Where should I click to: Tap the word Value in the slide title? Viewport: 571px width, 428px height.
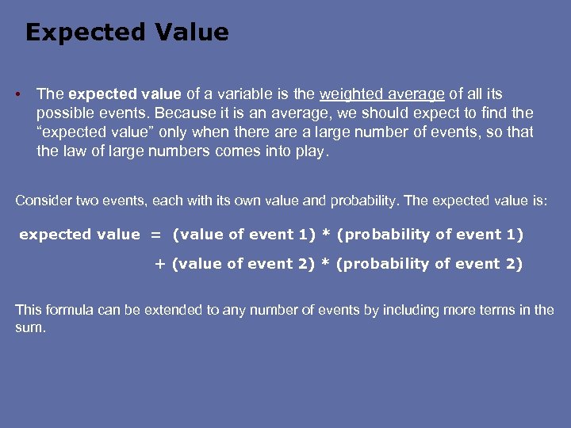point(192,32)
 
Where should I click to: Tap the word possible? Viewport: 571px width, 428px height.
point(63,113)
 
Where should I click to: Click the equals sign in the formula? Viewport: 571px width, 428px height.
point(155,235)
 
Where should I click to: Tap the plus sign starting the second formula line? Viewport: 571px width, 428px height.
point(159,265)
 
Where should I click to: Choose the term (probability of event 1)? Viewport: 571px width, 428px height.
point(430,235)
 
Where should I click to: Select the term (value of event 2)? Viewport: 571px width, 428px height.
point(243,265)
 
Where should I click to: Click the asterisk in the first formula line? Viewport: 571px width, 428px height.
point(326,235)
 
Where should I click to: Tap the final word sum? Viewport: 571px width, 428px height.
point(29,327)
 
